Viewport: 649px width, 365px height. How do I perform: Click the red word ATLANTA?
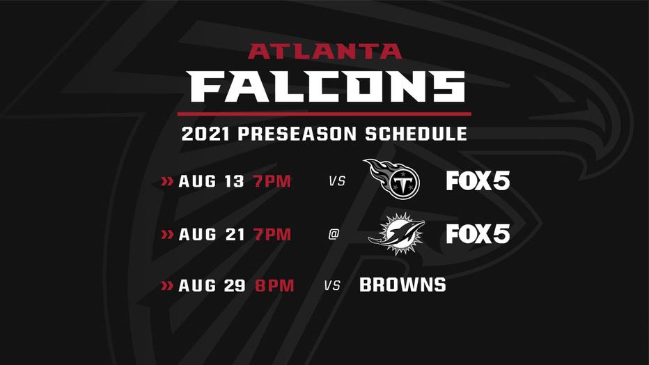(x=325, y=52)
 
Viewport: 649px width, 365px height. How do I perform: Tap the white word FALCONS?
(x=326, y=86)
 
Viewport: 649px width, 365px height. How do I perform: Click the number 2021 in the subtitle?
(x=205, y=134)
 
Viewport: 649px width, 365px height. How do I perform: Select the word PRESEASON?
(x=297, y=134)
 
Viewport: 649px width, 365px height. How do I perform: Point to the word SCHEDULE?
(x=416, y=134)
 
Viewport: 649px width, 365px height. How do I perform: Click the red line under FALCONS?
(x=324, y=114)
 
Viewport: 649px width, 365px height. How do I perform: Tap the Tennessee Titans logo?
(x=391, y=179)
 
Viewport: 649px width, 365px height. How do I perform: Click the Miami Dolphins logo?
(x=396, y=234)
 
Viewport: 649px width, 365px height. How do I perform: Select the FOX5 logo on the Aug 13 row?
(x=478, y=181)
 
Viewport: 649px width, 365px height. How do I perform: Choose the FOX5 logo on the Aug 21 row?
(x=478, y=234)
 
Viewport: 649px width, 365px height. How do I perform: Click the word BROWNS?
(x=402, y=285)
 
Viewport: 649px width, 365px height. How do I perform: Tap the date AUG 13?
(x=211, y=181)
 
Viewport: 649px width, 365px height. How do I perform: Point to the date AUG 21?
(x=211, y=235)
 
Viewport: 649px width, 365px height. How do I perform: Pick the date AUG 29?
(x=212, y=286)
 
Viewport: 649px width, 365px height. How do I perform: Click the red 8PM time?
(x=274, y=286)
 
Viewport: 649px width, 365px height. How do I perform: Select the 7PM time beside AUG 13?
(x=272, y=181)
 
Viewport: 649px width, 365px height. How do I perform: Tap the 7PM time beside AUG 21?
(x=272, y=235)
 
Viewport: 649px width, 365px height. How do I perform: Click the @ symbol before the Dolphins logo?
(x=334, y=234)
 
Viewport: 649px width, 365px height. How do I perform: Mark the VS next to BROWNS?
(x=332, y=286)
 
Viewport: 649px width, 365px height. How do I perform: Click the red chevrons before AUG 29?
(x=167, y=286)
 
